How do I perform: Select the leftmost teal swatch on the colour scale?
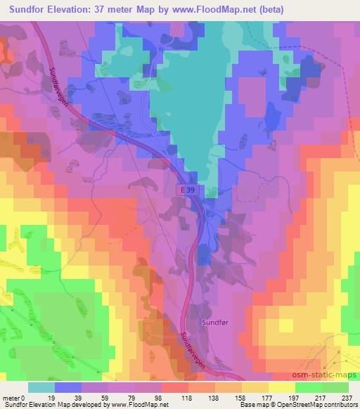[41, 387]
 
